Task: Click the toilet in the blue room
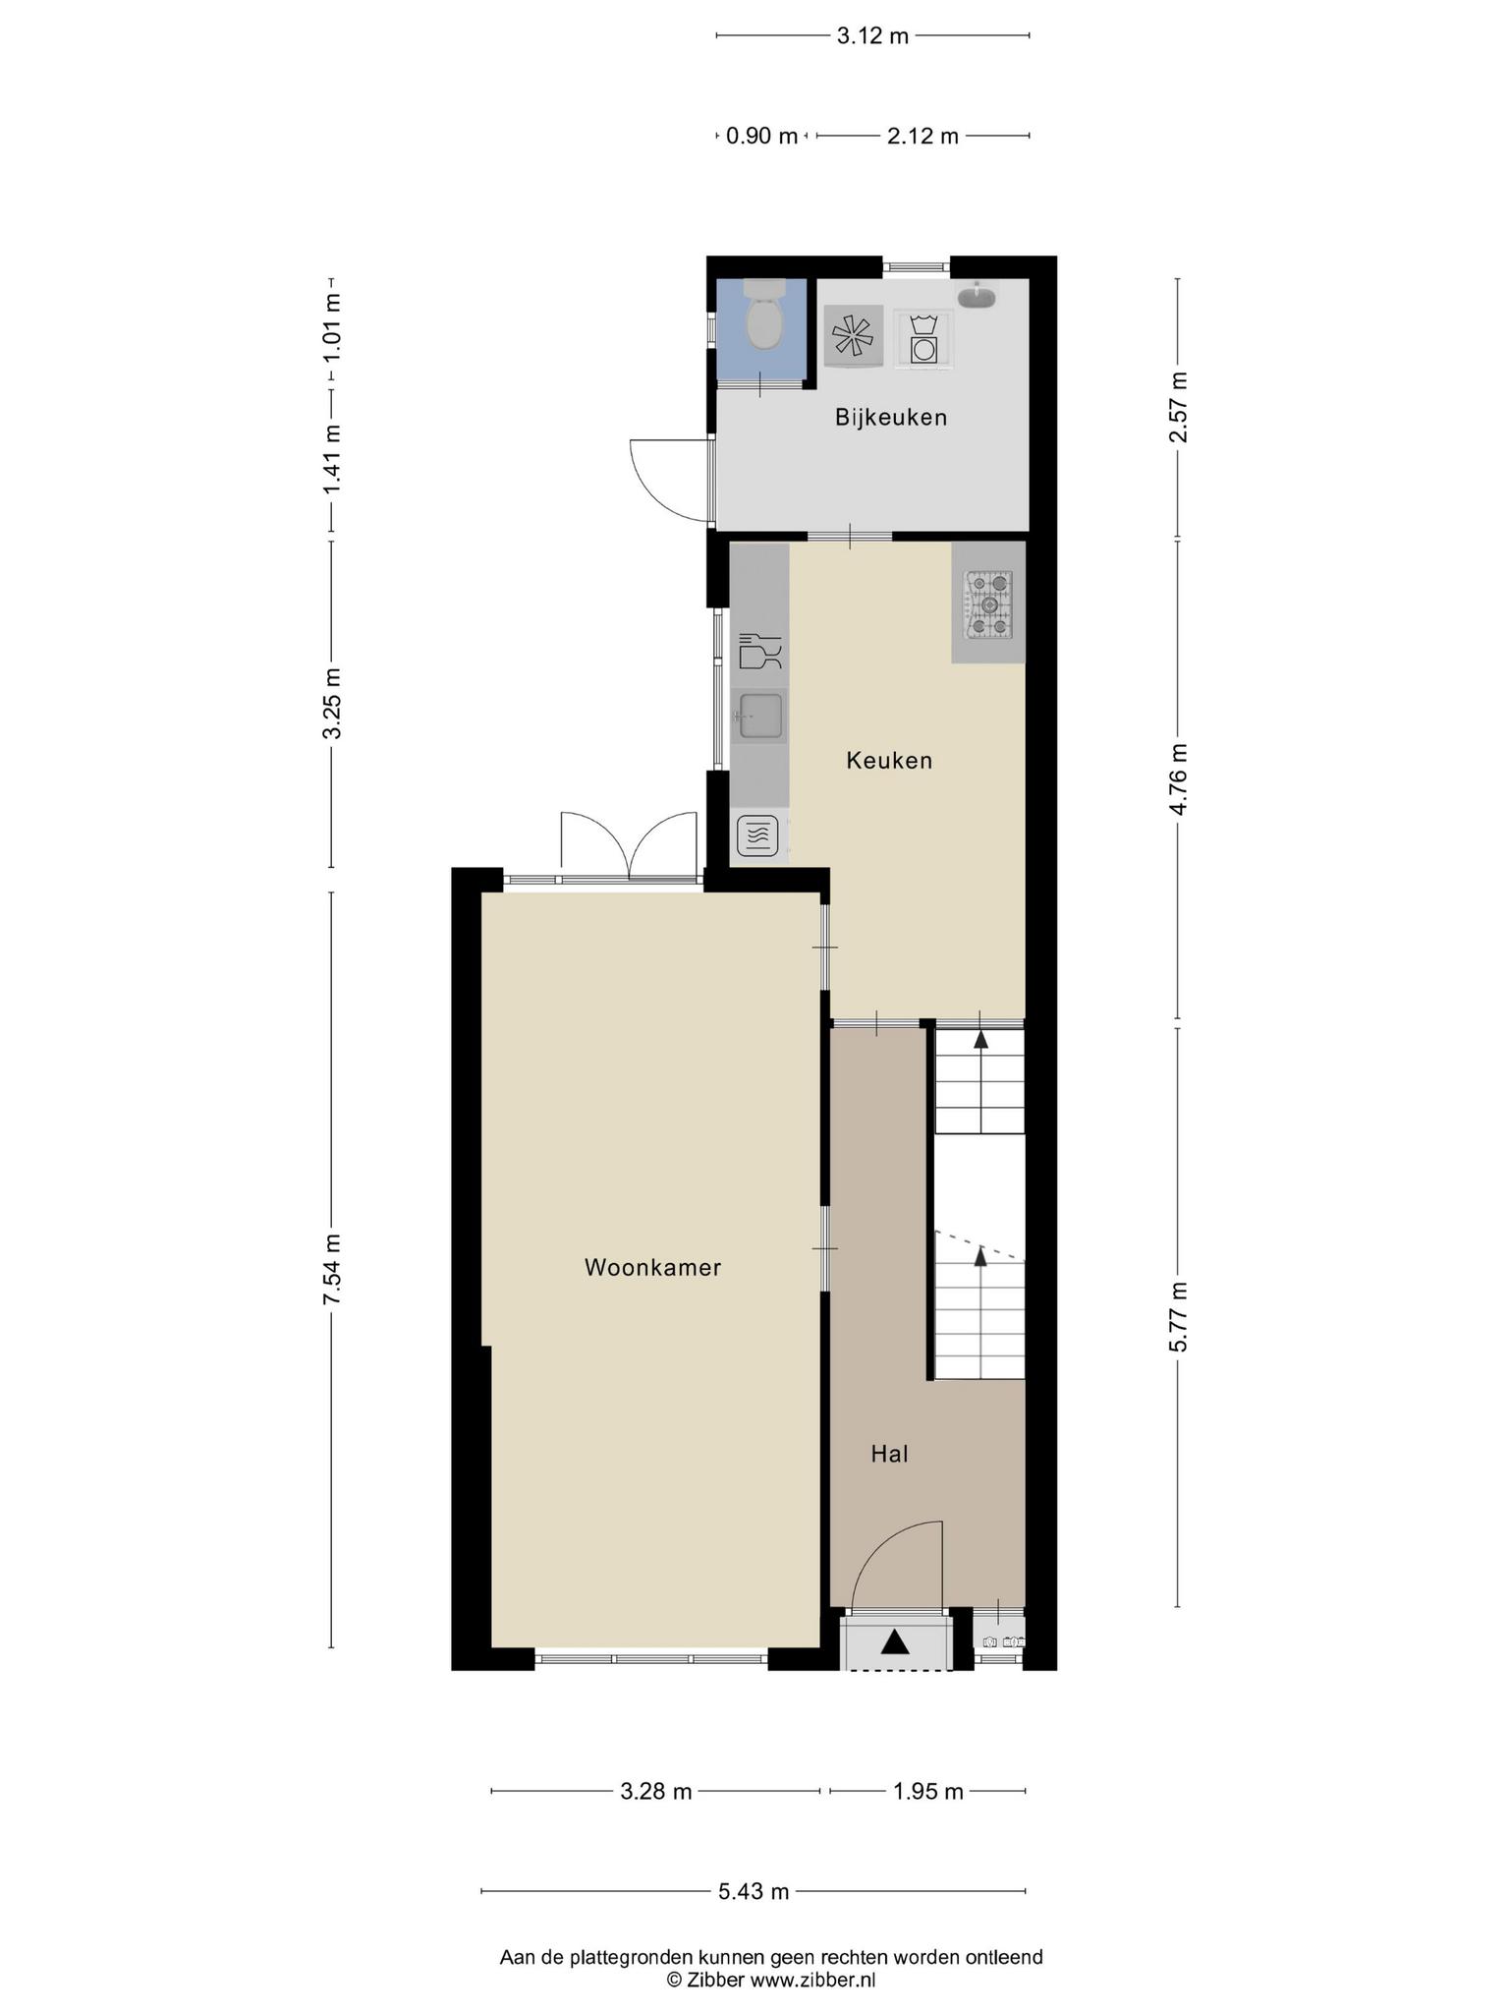tap(763, 315)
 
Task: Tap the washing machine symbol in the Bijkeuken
tap(922, 339)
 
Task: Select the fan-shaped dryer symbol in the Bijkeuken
tap(853, 336)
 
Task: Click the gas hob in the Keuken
tap(988, 604)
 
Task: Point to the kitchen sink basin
tap(761, 715)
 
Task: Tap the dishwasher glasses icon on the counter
tap(759, 652)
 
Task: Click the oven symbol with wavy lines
tap(757, 836)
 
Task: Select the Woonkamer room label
tap(652, 1268)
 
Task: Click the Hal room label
tap(889, 1454)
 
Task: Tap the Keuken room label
tap(889, 760)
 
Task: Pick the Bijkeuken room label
tap(891, 418)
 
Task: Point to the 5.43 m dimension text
tap(754, 1891)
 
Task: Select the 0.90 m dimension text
tap(761, 137)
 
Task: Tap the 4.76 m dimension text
tap(1179, 778)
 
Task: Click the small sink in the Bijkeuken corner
tap(977, 296)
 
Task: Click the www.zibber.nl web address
tap(812, 1980)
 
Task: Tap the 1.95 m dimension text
tap(927, 1792)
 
